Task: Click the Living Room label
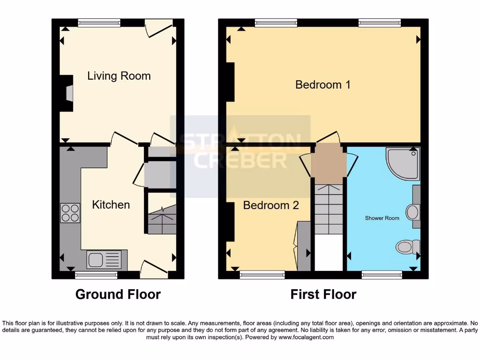point(119,76)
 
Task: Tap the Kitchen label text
point(111,205)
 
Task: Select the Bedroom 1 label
point(323,85)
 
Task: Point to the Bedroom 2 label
point(270,205)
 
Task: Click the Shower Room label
point(382,218)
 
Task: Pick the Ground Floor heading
point(118,294)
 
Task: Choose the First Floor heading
point(323,294)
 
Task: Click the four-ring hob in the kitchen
point(70,213)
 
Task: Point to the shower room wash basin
point(412,212)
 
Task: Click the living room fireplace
point(67,93)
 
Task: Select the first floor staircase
point(328,209)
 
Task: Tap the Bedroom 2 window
point(262,274)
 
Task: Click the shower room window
point(382,274)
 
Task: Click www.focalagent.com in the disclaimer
point(306,337)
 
